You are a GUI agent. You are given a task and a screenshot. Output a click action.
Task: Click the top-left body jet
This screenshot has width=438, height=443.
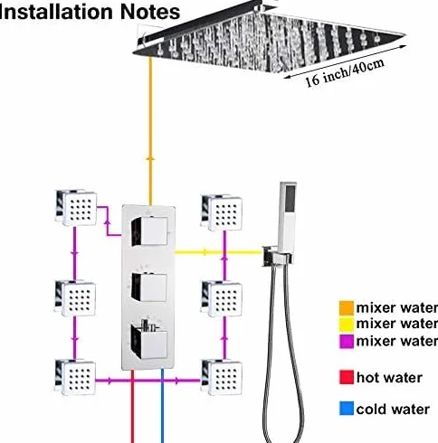(x=76, y=207)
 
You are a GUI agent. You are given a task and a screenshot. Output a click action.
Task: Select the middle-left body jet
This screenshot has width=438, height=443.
(x=75, y=297)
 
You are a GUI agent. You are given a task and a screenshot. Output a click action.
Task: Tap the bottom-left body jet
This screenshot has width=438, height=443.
(x=75, y=377)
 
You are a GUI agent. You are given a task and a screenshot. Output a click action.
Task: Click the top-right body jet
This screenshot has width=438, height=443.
(x=222, y=212)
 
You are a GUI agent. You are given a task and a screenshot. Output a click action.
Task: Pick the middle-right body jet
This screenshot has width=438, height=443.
(x=222, y=298)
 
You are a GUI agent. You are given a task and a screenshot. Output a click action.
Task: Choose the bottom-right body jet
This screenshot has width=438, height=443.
(x=222, y=377)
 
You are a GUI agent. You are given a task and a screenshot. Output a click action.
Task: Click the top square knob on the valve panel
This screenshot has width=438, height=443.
(x=149, y=231)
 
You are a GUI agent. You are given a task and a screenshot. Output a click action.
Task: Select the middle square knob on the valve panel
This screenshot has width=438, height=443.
(x=148, y=287)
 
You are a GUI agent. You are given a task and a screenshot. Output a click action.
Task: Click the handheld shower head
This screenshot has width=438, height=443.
(x=288, y=216)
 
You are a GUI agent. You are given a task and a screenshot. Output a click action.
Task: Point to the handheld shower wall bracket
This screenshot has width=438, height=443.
(x=277, y=256)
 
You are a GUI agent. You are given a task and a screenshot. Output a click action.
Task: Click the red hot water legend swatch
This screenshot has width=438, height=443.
(x=347, y=377)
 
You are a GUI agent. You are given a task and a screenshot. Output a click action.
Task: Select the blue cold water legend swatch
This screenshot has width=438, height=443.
(x=347, y=409)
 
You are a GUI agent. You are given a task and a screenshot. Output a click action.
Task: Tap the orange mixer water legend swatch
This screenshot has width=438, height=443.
(x=347, y=308)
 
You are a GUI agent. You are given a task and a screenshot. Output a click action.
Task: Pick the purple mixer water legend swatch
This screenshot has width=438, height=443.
(x=347, y=342)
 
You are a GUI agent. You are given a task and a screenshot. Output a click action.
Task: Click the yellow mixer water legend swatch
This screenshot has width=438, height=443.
(x=347, y=325)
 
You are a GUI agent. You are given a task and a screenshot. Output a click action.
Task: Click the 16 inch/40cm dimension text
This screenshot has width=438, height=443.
(x=345, y=73)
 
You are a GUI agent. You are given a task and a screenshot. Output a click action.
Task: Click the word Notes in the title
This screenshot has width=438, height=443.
(x=150, y=12)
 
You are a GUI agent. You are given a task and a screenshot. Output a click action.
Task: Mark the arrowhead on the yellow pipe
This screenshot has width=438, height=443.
(x=205, y=252)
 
